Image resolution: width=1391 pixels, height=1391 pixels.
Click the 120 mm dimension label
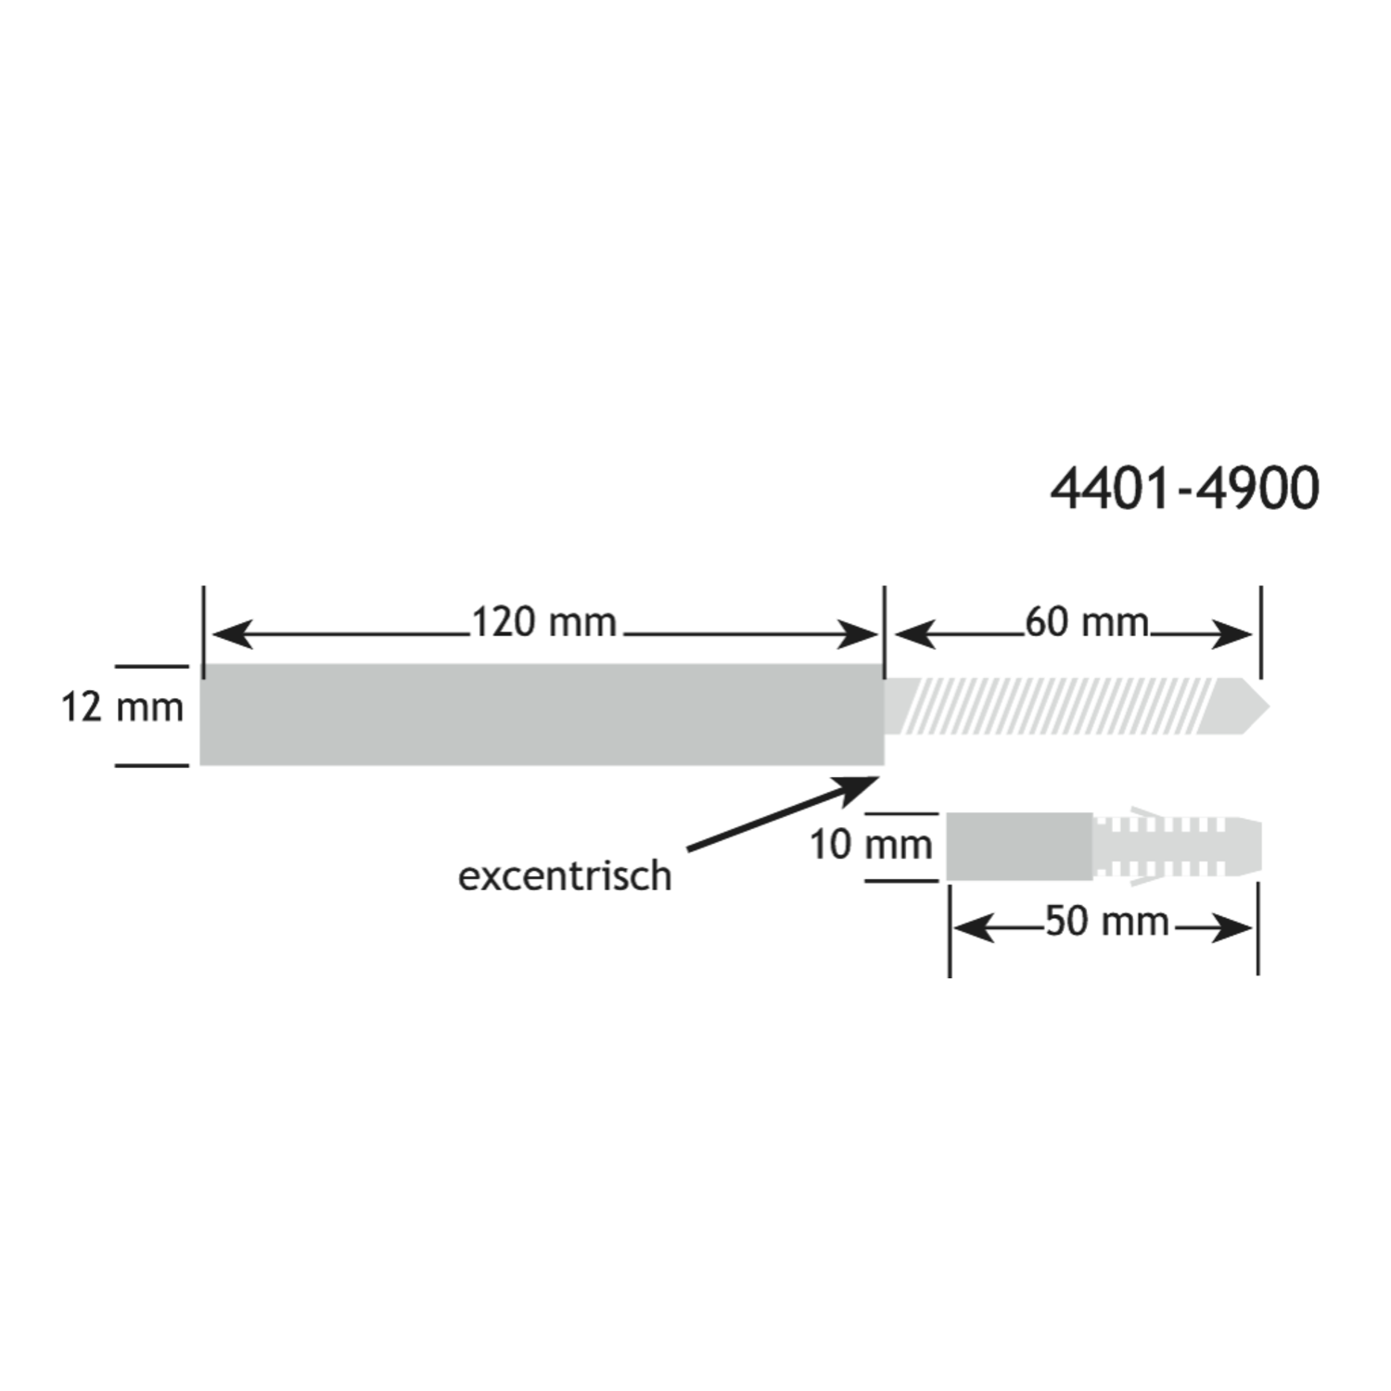point(544,622)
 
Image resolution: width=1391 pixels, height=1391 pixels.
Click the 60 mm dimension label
point(1087,622)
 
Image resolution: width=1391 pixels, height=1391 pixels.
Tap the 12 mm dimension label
point(122,708)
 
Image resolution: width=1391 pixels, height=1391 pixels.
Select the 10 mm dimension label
point(871,845)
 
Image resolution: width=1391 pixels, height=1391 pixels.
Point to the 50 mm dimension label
point(1106,922)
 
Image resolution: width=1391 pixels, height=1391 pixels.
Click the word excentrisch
point(565,876)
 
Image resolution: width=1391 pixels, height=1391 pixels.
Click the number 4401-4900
point(1184,489)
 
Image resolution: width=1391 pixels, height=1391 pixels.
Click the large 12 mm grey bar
point(542,715)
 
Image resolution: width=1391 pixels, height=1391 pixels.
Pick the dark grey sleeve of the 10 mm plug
point(1019,847)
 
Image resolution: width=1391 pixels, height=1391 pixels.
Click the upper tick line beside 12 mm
point(152,666)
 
